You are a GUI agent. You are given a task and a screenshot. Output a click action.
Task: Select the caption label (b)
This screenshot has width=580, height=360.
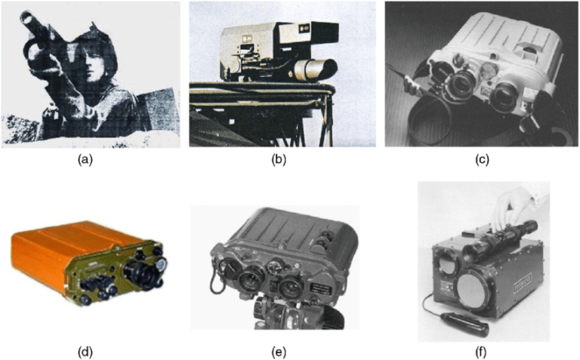point(282,160)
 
